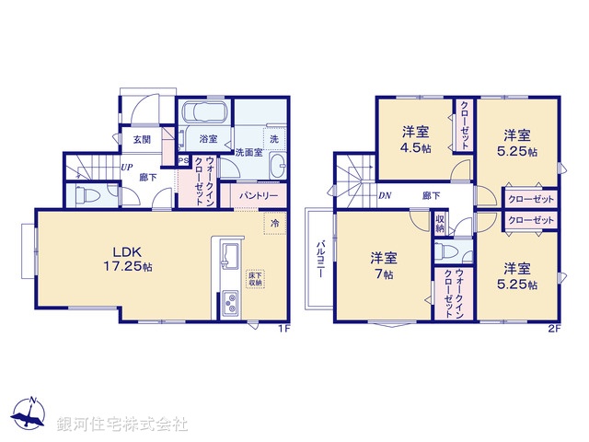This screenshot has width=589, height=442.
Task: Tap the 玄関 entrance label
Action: pyautogui.click(x=142, y=140)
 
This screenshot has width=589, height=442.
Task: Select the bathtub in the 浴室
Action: pyautogui.click(x=203, y=114)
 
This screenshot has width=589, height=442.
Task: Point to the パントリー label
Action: pyautogui.click(x=259, y=196)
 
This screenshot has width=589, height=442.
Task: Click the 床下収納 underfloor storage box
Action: pyautogui.click(x=255, y=277)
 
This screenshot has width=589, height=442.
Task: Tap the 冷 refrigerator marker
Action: pyautogui.click(x=274, y=222)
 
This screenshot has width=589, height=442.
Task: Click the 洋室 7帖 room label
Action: pyautogui.click(x=384, y=265)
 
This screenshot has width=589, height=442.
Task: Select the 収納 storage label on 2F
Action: pyautogui.click(x=440, y=224)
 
